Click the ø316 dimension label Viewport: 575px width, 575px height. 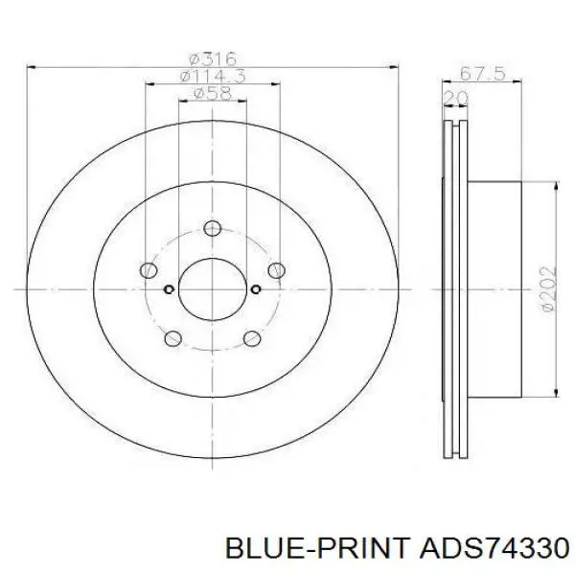[213, 59]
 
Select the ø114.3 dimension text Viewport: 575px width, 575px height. [213, 77]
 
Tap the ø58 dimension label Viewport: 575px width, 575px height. [213, 93]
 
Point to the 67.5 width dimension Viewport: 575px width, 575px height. [482, 74]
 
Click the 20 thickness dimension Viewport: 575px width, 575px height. [456, 98]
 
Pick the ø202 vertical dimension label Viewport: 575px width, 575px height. [548, 289]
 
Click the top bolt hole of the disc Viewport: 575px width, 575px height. [213, 228]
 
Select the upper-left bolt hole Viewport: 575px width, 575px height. [149, 270]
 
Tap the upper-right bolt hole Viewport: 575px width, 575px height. [277, 270]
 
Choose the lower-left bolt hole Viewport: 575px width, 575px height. [173, 338]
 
